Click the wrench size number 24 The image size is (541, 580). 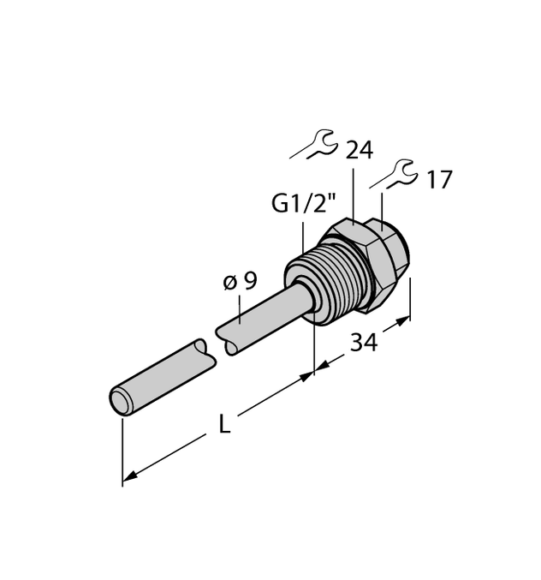point(359,151)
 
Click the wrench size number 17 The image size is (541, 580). point(438,180)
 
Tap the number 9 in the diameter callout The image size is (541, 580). point(249,281)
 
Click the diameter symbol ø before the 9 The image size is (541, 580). point(229,282)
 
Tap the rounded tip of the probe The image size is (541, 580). point(120,400)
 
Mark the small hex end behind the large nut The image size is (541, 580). point(396,248)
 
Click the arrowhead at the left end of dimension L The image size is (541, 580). point(128,476)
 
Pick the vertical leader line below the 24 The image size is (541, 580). point(354,195)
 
